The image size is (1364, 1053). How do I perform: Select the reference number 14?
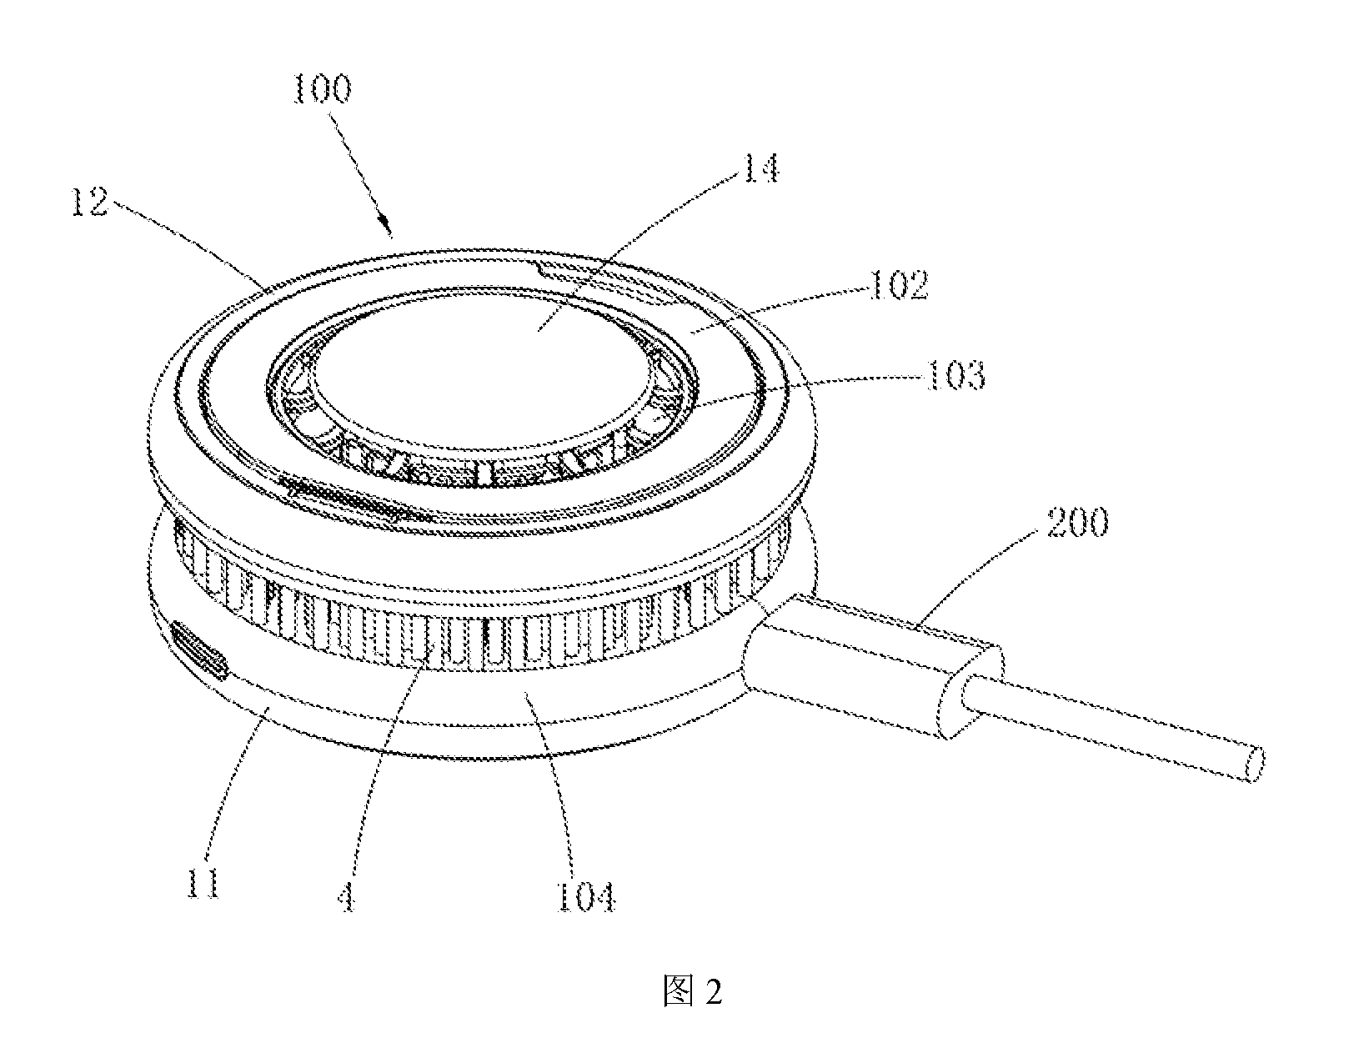(x=760, y=168)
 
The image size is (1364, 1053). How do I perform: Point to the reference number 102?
(x=898, y=285)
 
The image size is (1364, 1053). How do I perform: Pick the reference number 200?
(x=1077, y=522)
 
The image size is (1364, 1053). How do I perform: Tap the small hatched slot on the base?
(x=199, y=650)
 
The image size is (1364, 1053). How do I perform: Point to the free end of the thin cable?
(x=1254, y=765)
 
